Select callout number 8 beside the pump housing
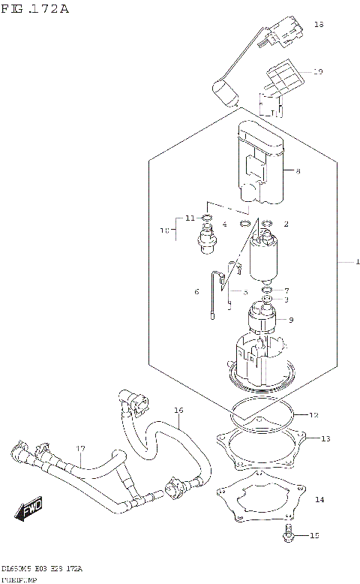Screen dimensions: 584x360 [297, 172]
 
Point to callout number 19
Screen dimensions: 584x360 [318, 72]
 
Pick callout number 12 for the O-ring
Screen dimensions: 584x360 [313, 414]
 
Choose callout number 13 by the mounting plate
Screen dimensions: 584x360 [324, 438]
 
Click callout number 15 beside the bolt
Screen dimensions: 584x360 [315, 535]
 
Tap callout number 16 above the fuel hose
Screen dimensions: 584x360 [178, 411]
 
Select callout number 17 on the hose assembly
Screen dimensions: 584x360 [80, 450]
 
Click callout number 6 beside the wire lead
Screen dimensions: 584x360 [196, 291]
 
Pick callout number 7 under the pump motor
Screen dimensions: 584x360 [286, 290]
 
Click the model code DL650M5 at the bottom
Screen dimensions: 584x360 [19, 570]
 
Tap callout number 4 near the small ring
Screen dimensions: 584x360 [223, 224]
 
